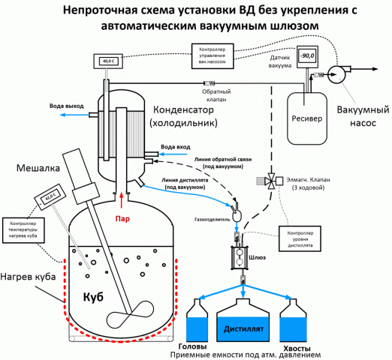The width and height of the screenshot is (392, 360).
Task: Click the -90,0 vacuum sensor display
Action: click(x=306, y=55)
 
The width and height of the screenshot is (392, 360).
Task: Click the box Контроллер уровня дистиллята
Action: click(x=303, y=238)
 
